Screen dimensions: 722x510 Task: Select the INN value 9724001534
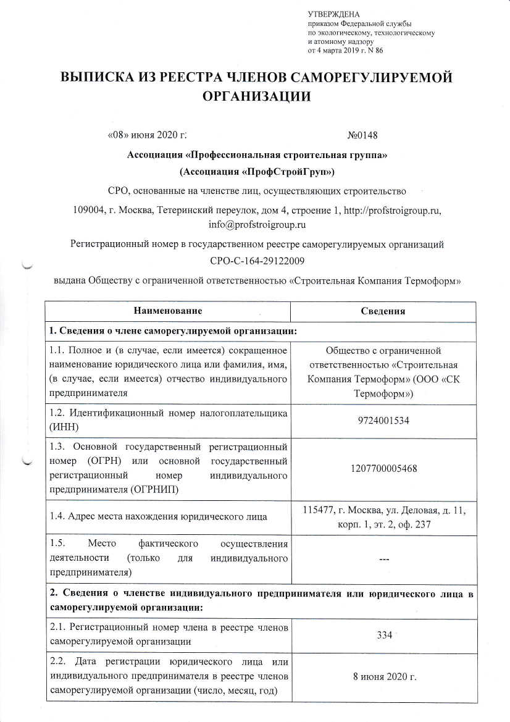coord(383,421)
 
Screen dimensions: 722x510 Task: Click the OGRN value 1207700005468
coord(383,468)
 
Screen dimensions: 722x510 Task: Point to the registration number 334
coord(383,636)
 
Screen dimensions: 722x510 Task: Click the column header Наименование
coord(168,310)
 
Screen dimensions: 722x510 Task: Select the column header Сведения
coord(383,311)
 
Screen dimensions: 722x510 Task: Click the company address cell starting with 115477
coord(383,517)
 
